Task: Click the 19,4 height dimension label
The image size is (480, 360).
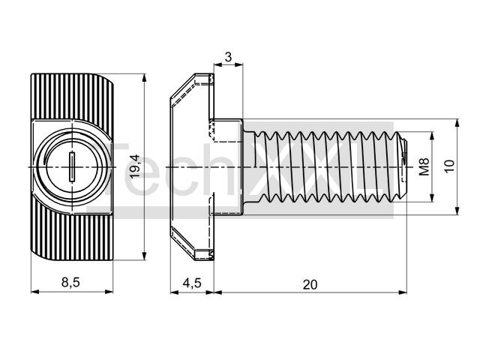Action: pos(135,166)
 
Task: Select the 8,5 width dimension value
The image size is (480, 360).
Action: pos(70,282)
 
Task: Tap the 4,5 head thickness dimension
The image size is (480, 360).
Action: pos(192,283)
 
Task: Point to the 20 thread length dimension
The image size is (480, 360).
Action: pos(310,285)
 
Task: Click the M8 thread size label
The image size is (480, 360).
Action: pos(424,166)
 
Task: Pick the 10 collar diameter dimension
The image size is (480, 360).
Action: pos(450,166)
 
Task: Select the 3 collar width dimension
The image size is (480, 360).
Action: pos(228,57)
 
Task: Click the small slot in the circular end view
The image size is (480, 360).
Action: pos(72,166)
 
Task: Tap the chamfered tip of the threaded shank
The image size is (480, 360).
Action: pos(403,166)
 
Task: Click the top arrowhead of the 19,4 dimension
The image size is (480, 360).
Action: pos(145,77)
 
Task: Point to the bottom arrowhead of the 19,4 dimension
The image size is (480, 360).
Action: pos(145,256)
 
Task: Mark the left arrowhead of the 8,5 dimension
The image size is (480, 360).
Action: pos(35,292)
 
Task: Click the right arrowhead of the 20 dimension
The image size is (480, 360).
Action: pos(403,292)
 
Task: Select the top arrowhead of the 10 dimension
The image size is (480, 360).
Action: pos(457,123)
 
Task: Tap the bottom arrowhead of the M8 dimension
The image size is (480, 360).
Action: pos(432,198)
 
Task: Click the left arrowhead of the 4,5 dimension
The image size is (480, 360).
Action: pos(174,292)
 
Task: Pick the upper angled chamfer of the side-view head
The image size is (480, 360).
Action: pos(182,86)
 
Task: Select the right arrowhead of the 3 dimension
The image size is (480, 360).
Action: pos(239,64)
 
